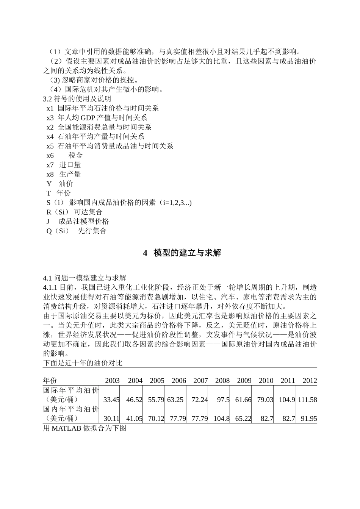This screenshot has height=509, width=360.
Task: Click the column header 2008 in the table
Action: pyautogui.click(x=222, y=381)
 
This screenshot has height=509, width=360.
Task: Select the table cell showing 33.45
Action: pyautogui.click(x=111, y=400)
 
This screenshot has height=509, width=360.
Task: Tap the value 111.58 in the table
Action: pyautogui.click(x=307, y=400)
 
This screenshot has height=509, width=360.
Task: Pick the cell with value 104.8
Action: pyautogui.click(x=222, y=418)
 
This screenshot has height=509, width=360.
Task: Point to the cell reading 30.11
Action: pyautogui.click(x=111, y=418)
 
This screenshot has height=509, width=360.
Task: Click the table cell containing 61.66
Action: pyautogui.click(x=243, y=400)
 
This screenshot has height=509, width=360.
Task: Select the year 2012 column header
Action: pyautogui.click(x=310, y=381)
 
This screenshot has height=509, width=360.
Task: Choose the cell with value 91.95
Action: pyautogui.click(x=309, y=418)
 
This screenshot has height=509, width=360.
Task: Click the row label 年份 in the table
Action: pyautogui.click(x=50, y=381)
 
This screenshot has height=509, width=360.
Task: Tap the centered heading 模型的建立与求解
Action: pyautogui.click(x=187, y=253)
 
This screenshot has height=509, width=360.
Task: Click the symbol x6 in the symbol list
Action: pyautogui.click(x=50, y=156)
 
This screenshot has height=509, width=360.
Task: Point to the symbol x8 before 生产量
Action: pyautogui.click(x=50, y=175)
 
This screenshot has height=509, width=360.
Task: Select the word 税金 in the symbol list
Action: pyautogui.click(x=76, y=156)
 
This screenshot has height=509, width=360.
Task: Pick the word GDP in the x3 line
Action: pyautogui.click(x=88, y=118)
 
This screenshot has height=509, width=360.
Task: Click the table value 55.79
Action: pyautogui.click(x=156, y=400)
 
